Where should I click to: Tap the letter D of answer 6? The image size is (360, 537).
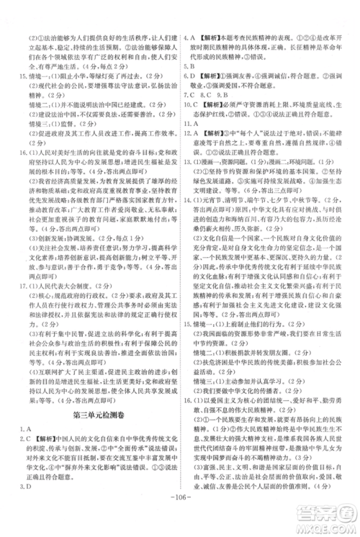pos(197,94)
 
